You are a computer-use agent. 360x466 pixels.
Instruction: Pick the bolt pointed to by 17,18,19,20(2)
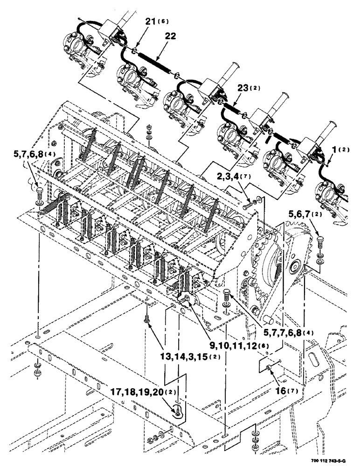coord(178,410)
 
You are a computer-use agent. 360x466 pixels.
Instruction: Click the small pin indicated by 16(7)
coord(270,368)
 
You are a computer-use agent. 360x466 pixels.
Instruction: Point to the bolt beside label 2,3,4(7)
coord(249,205)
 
